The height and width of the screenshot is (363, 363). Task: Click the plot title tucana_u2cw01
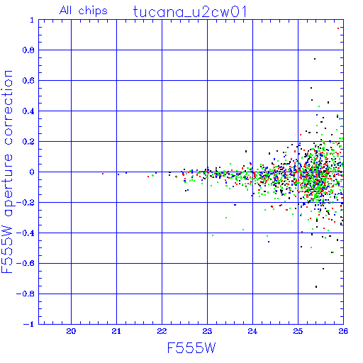point(190,12)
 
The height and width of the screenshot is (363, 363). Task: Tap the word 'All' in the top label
point(65,11)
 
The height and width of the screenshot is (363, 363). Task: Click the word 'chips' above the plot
point(93,11)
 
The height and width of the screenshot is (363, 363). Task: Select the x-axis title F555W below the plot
point(191,348)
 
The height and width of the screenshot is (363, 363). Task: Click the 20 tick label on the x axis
point(71,331)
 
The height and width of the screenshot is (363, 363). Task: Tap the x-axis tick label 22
point(162,331)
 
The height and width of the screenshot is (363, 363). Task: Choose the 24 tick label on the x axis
point(252,331)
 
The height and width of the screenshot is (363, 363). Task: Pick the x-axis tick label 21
point(116,331)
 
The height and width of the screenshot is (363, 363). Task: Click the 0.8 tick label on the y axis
point(28,50)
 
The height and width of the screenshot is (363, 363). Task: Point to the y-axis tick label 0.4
point(28,111)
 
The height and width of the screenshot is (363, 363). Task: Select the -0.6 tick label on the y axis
point(26,263)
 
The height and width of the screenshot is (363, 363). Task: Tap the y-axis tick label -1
point(29,324)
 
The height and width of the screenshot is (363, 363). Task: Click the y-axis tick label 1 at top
point(32,20)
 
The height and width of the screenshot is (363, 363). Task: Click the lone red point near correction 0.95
point(338,28)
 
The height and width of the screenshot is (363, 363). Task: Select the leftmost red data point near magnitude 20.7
point(103,174)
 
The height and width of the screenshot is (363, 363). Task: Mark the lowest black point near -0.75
point(316,286)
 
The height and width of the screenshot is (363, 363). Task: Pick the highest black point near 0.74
point(315,59)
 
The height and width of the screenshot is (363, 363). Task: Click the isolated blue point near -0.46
point(269,242)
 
